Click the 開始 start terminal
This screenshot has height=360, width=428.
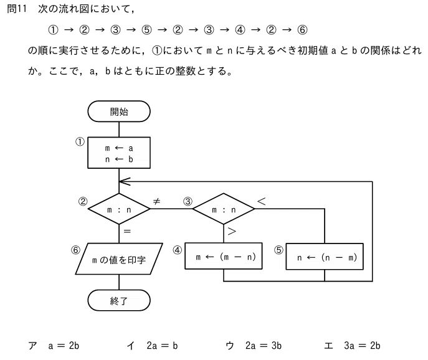(119, 111)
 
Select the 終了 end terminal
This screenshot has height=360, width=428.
(119, 300)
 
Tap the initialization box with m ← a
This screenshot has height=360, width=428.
(119, 153)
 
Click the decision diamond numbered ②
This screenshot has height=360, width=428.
(119, 209)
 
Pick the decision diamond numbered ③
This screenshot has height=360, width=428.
(224, 209)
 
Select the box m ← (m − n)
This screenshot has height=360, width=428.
(224, 256)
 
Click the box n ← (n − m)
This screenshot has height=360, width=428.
(325, 257)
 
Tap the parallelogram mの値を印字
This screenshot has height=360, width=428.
(119, 258)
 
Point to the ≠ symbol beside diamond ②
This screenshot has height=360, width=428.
(156, 201)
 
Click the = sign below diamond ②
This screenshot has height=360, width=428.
(127, 231)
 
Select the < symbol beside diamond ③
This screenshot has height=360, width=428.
(261, 201)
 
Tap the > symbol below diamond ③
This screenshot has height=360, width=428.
(232, 232)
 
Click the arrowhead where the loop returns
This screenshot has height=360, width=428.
(125, 181)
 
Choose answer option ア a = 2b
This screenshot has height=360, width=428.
(54, 346)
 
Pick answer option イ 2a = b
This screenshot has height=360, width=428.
(152, 346)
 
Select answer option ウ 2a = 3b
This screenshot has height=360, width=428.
(254, 346)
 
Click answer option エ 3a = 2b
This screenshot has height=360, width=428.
(352, 346)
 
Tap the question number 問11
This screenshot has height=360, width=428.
(17, 9)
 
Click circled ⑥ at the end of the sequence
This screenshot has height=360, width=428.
(302, 29)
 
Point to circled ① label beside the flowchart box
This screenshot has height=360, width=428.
(80, 141)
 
